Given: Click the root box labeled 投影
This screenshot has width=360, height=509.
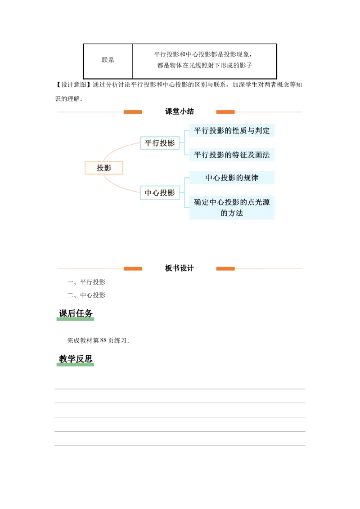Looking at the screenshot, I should [x=104, y=168].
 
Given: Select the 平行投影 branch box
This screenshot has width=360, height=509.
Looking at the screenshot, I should [x=160, y=143].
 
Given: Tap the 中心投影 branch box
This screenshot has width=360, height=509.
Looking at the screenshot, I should [x=160, y=193].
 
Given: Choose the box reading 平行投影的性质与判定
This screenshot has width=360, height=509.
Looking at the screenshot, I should [x=232, y=131].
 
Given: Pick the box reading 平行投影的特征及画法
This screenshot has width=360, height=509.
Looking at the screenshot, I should [x=232, y=155].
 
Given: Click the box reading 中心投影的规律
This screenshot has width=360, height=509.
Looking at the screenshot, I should [x=232, y=178].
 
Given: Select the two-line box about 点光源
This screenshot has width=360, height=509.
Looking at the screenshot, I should [x=232, y=208].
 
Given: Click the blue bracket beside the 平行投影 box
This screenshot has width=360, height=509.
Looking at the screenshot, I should [x=184, y=143].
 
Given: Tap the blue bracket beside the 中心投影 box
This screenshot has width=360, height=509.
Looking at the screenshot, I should [x=184, y=192].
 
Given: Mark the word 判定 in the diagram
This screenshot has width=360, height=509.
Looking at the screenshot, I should [x=262, y=131].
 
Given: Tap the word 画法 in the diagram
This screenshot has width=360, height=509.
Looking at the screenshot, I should [x=262, y=155].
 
